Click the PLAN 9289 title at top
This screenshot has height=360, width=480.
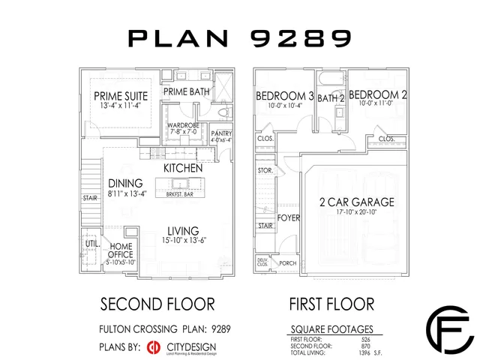click(240, 37)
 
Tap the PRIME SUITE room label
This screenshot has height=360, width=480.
click(120, 96)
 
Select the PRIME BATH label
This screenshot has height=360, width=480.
click(187, 92)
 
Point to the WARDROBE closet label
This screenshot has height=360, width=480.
click(182, 125)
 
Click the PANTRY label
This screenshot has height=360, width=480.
click(221, 134)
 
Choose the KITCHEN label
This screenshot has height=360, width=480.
click(183, 168)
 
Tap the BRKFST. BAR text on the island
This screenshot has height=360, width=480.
click(180, 194)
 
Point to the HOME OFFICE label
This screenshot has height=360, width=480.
click(121, 250)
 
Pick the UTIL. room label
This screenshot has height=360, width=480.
click(92, 244)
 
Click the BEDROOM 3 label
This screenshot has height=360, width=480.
click(284, 96)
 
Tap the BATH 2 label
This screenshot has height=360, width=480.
click(330, 97)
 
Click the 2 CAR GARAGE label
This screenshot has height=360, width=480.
click(356, 202)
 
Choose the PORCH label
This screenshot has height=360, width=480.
click(287, 263)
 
